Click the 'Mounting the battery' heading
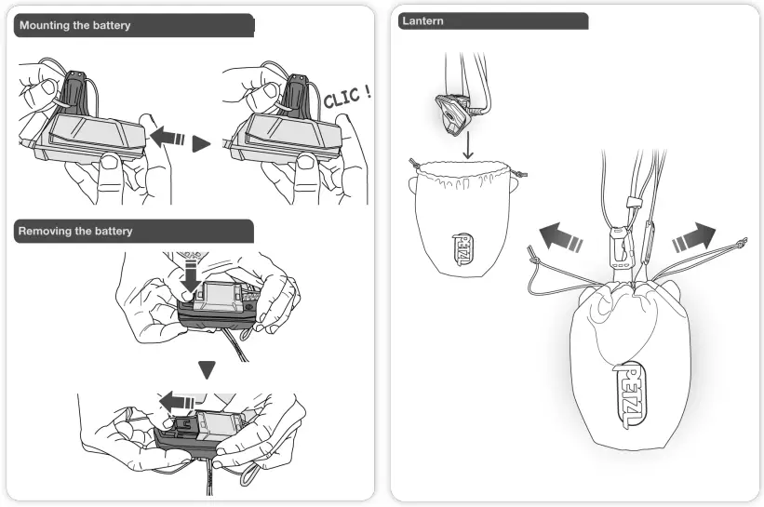(73, 26)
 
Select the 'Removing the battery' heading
(74, 231)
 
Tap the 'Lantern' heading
(422, 21)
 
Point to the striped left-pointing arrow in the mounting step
(167, 138)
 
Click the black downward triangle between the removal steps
(208, 369)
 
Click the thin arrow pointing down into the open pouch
(468, 145)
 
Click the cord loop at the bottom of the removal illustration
(248, 477)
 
